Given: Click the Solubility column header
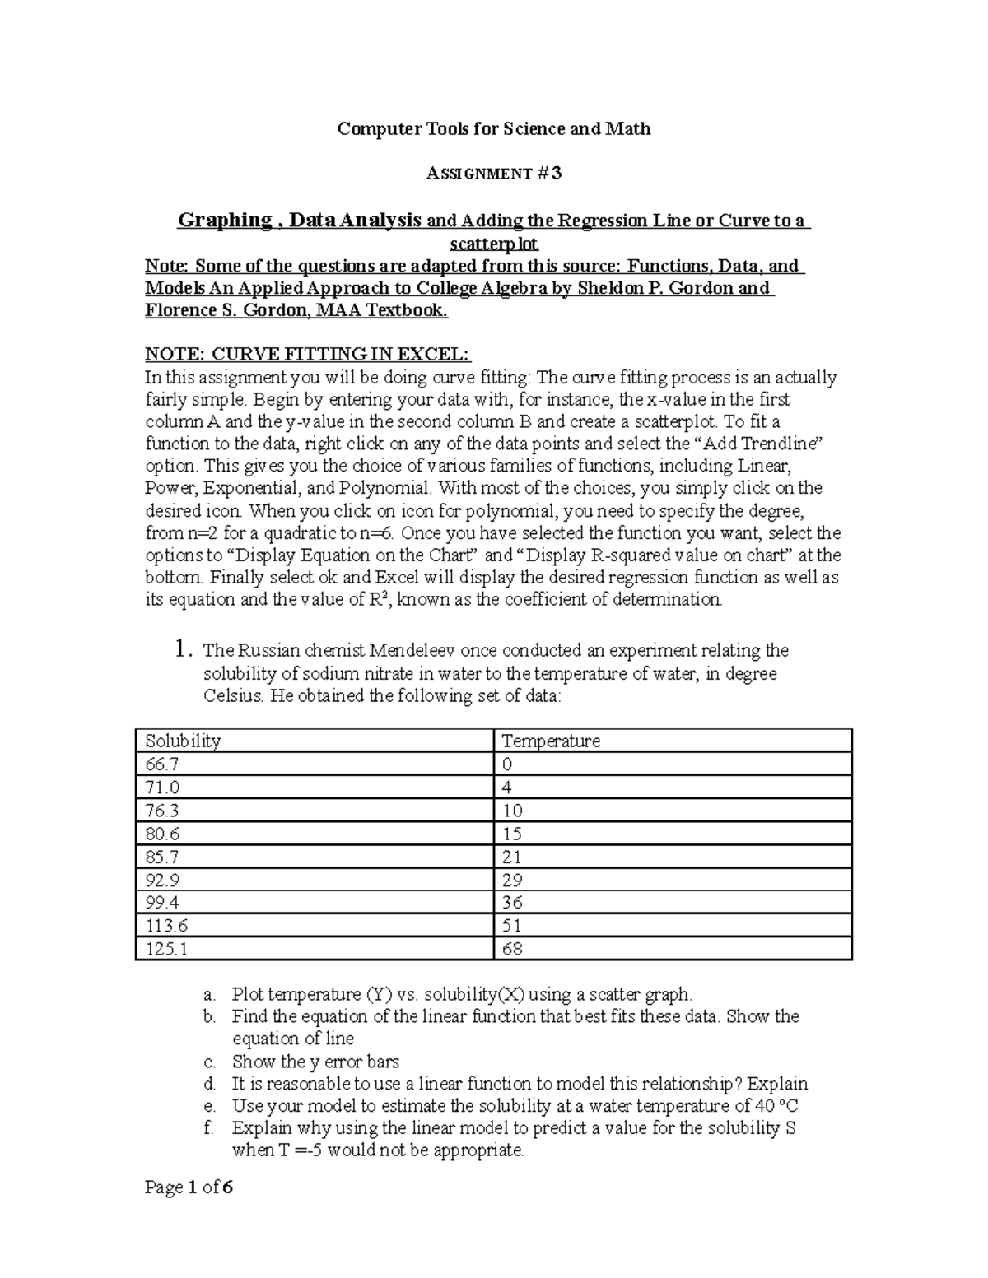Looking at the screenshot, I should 183,741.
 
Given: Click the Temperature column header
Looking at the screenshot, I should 551,741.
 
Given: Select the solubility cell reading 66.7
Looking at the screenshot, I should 161,764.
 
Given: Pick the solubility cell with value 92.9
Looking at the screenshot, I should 162,879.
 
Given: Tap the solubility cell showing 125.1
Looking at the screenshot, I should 166,949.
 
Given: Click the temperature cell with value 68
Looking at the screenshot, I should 512,949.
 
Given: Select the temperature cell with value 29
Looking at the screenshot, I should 512,879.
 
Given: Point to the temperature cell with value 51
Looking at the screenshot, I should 512,926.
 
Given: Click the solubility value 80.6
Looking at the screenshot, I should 162,833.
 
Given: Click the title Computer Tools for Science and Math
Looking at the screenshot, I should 494,128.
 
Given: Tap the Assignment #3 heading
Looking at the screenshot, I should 494,173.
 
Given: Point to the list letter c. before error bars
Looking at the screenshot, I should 209,1062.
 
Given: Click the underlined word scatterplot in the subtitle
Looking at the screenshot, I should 493,244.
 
